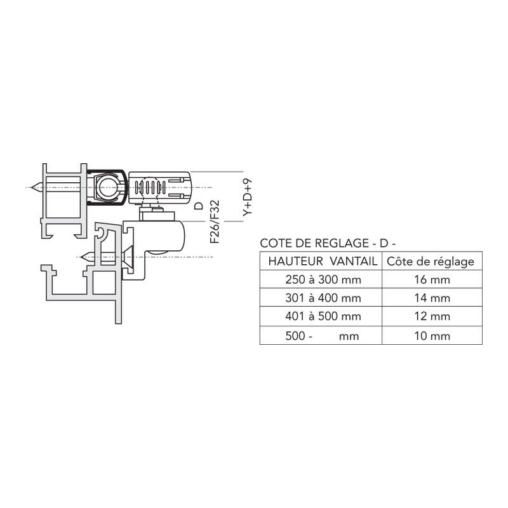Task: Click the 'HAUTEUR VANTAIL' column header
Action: point(322,261)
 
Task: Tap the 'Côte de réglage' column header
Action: point(430,261)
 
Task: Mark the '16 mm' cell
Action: point(430,279)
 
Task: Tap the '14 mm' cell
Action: point(430,298)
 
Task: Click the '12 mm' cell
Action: point(430,316)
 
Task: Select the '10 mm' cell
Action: point(430,336)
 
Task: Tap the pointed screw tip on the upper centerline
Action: point(36,188)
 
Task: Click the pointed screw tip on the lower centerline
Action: point(87,257)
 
